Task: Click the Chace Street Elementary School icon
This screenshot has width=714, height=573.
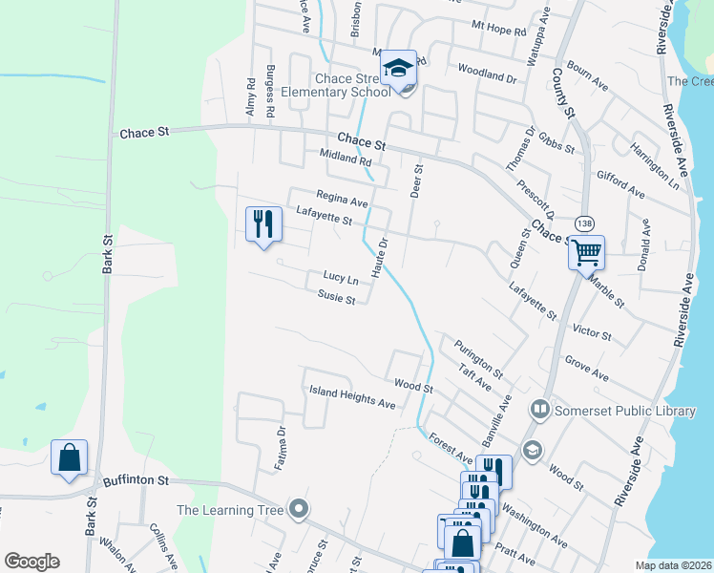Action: pos(398,68)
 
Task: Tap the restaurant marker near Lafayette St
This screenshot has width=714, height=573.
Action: pos(263,224)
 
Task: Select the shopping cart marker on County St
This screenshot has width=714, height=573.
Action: pos(587,253)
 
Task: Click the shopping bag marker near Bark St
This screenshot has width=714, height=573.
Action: pos(70,457)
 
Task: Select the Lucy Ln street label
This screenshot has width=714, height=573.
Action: pos(341,279)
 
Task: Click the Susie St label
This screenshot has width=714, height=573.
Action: pos(336,299)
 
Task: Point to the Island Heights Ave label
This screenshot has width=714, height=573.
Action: pos(352,397)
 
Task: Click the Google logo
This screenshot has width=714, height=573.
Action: pos(31,561)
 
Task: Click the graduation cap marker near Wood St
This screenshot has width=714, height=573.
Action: pos(532,450)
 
